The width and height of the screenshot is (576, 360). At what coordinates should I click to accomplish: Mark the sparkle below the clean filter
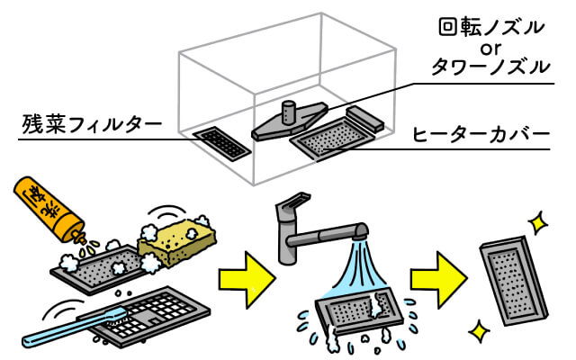pyautogui.click(x=479, y=330)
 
